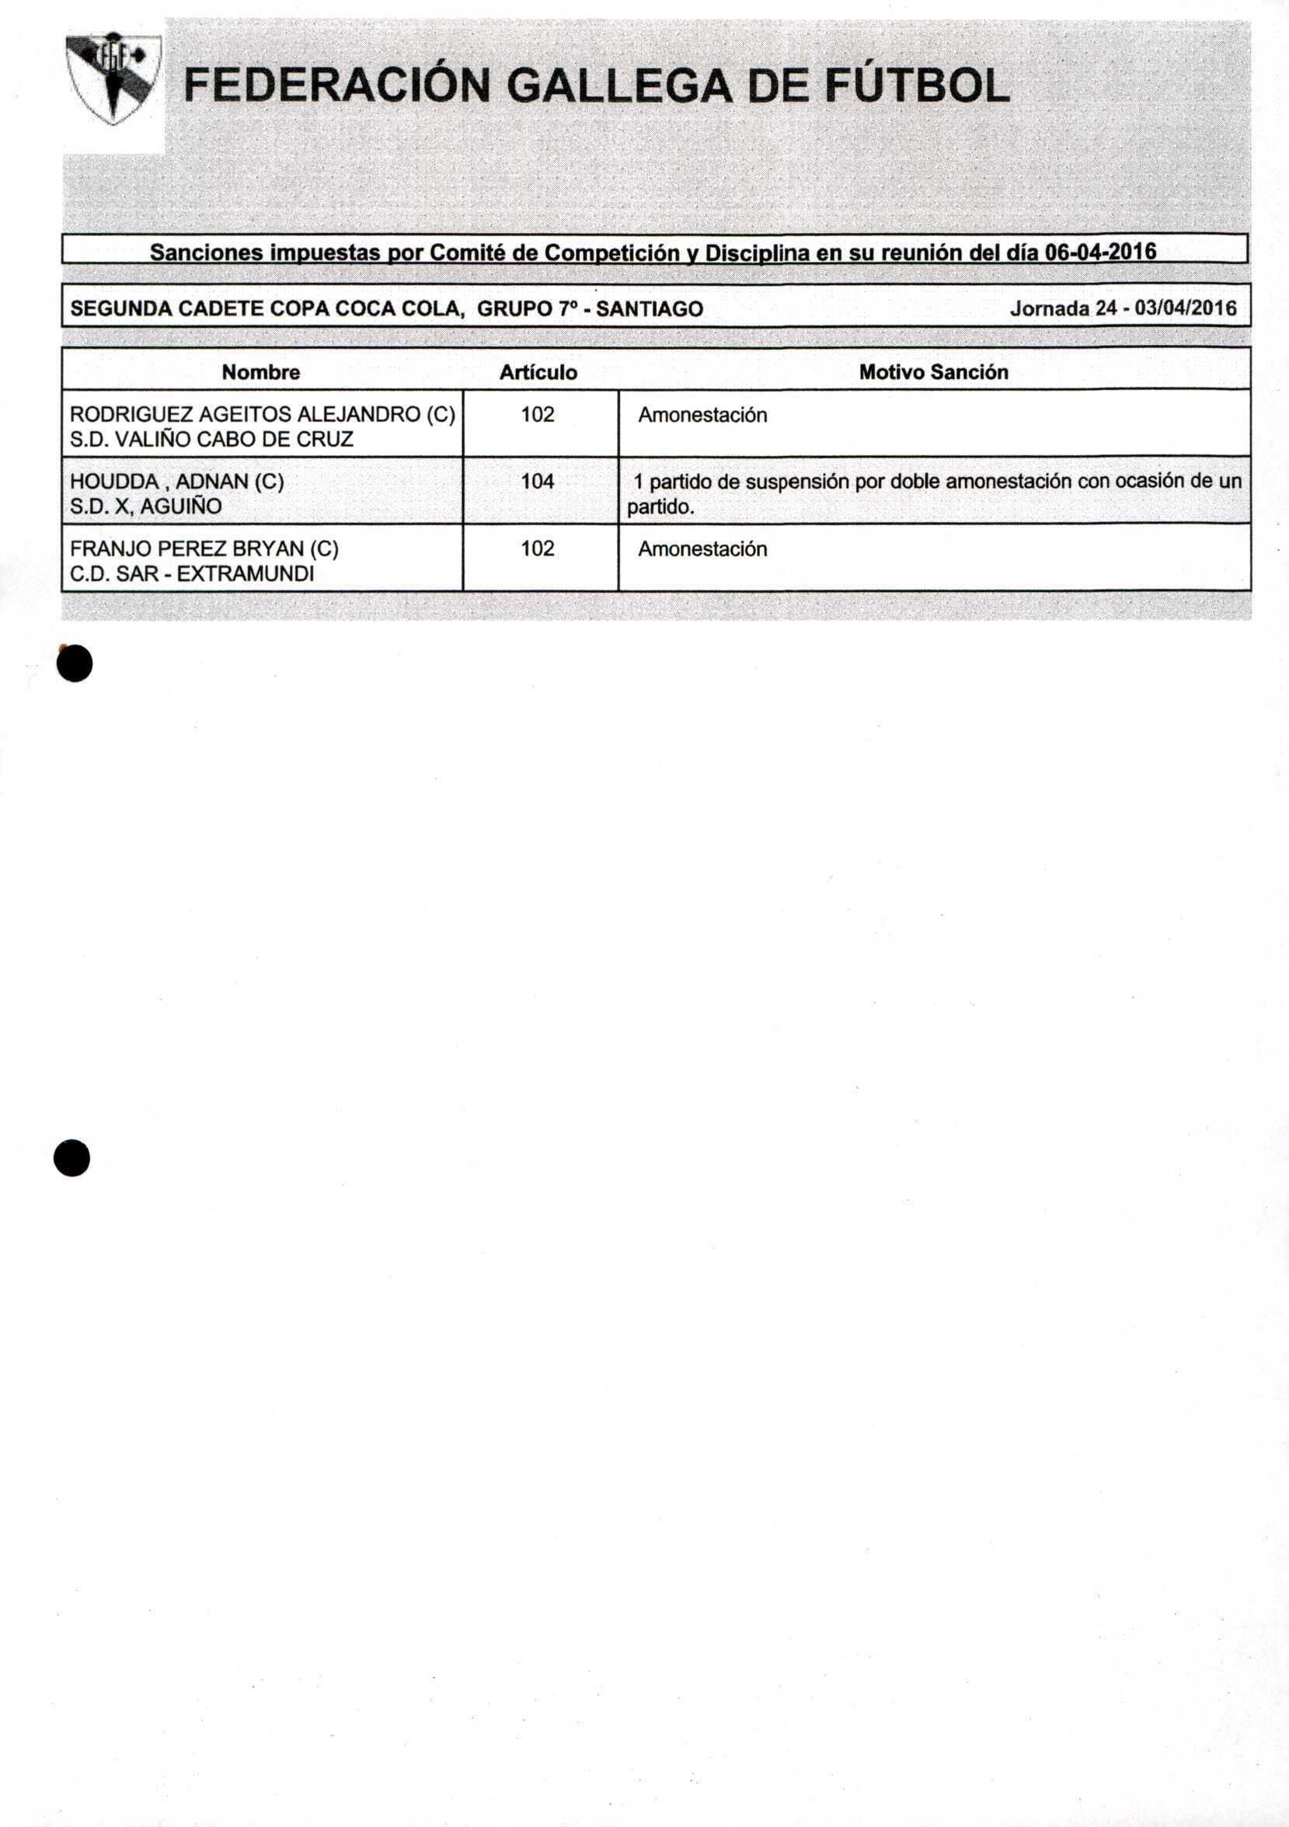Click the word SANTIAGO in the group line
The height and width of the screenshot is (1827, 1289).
(650, 308)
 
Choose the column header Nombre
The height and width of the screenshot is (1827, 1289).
(260, 372)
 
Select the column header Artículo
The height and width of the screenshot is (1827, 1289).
(538, 372)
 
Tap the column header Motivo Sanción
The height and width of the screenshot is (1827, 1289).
(933, 372)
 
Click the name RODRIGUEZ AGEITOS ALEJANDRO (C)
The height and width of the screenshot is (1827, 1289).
(263, 415)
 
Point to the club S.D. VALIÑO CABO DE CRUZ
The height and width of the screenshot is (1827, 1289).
(211, 439)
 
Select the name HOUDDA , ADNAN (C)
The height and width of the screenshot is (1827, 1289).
(176, 482)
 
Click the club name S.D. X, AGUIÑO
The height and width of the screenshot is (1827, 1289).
(145, 507)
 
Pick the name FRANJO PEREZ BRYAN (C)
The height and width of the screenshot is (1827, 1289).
(204, 548)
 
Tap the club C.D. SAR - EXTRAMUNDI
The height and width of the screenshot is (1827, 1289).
(192, 574)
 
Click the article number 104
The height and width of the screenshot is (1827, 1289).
(537, 482)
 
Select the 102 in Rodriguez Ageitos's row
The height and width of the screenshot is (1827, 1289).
(537, 415)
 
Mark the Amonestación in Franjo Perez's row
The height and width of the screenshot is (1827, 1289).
(702, 549)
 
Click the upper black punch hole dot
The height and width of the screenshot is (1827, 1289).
(75, 663)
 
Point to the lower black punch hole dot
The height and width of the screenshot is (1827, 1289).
(71, 1157)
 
